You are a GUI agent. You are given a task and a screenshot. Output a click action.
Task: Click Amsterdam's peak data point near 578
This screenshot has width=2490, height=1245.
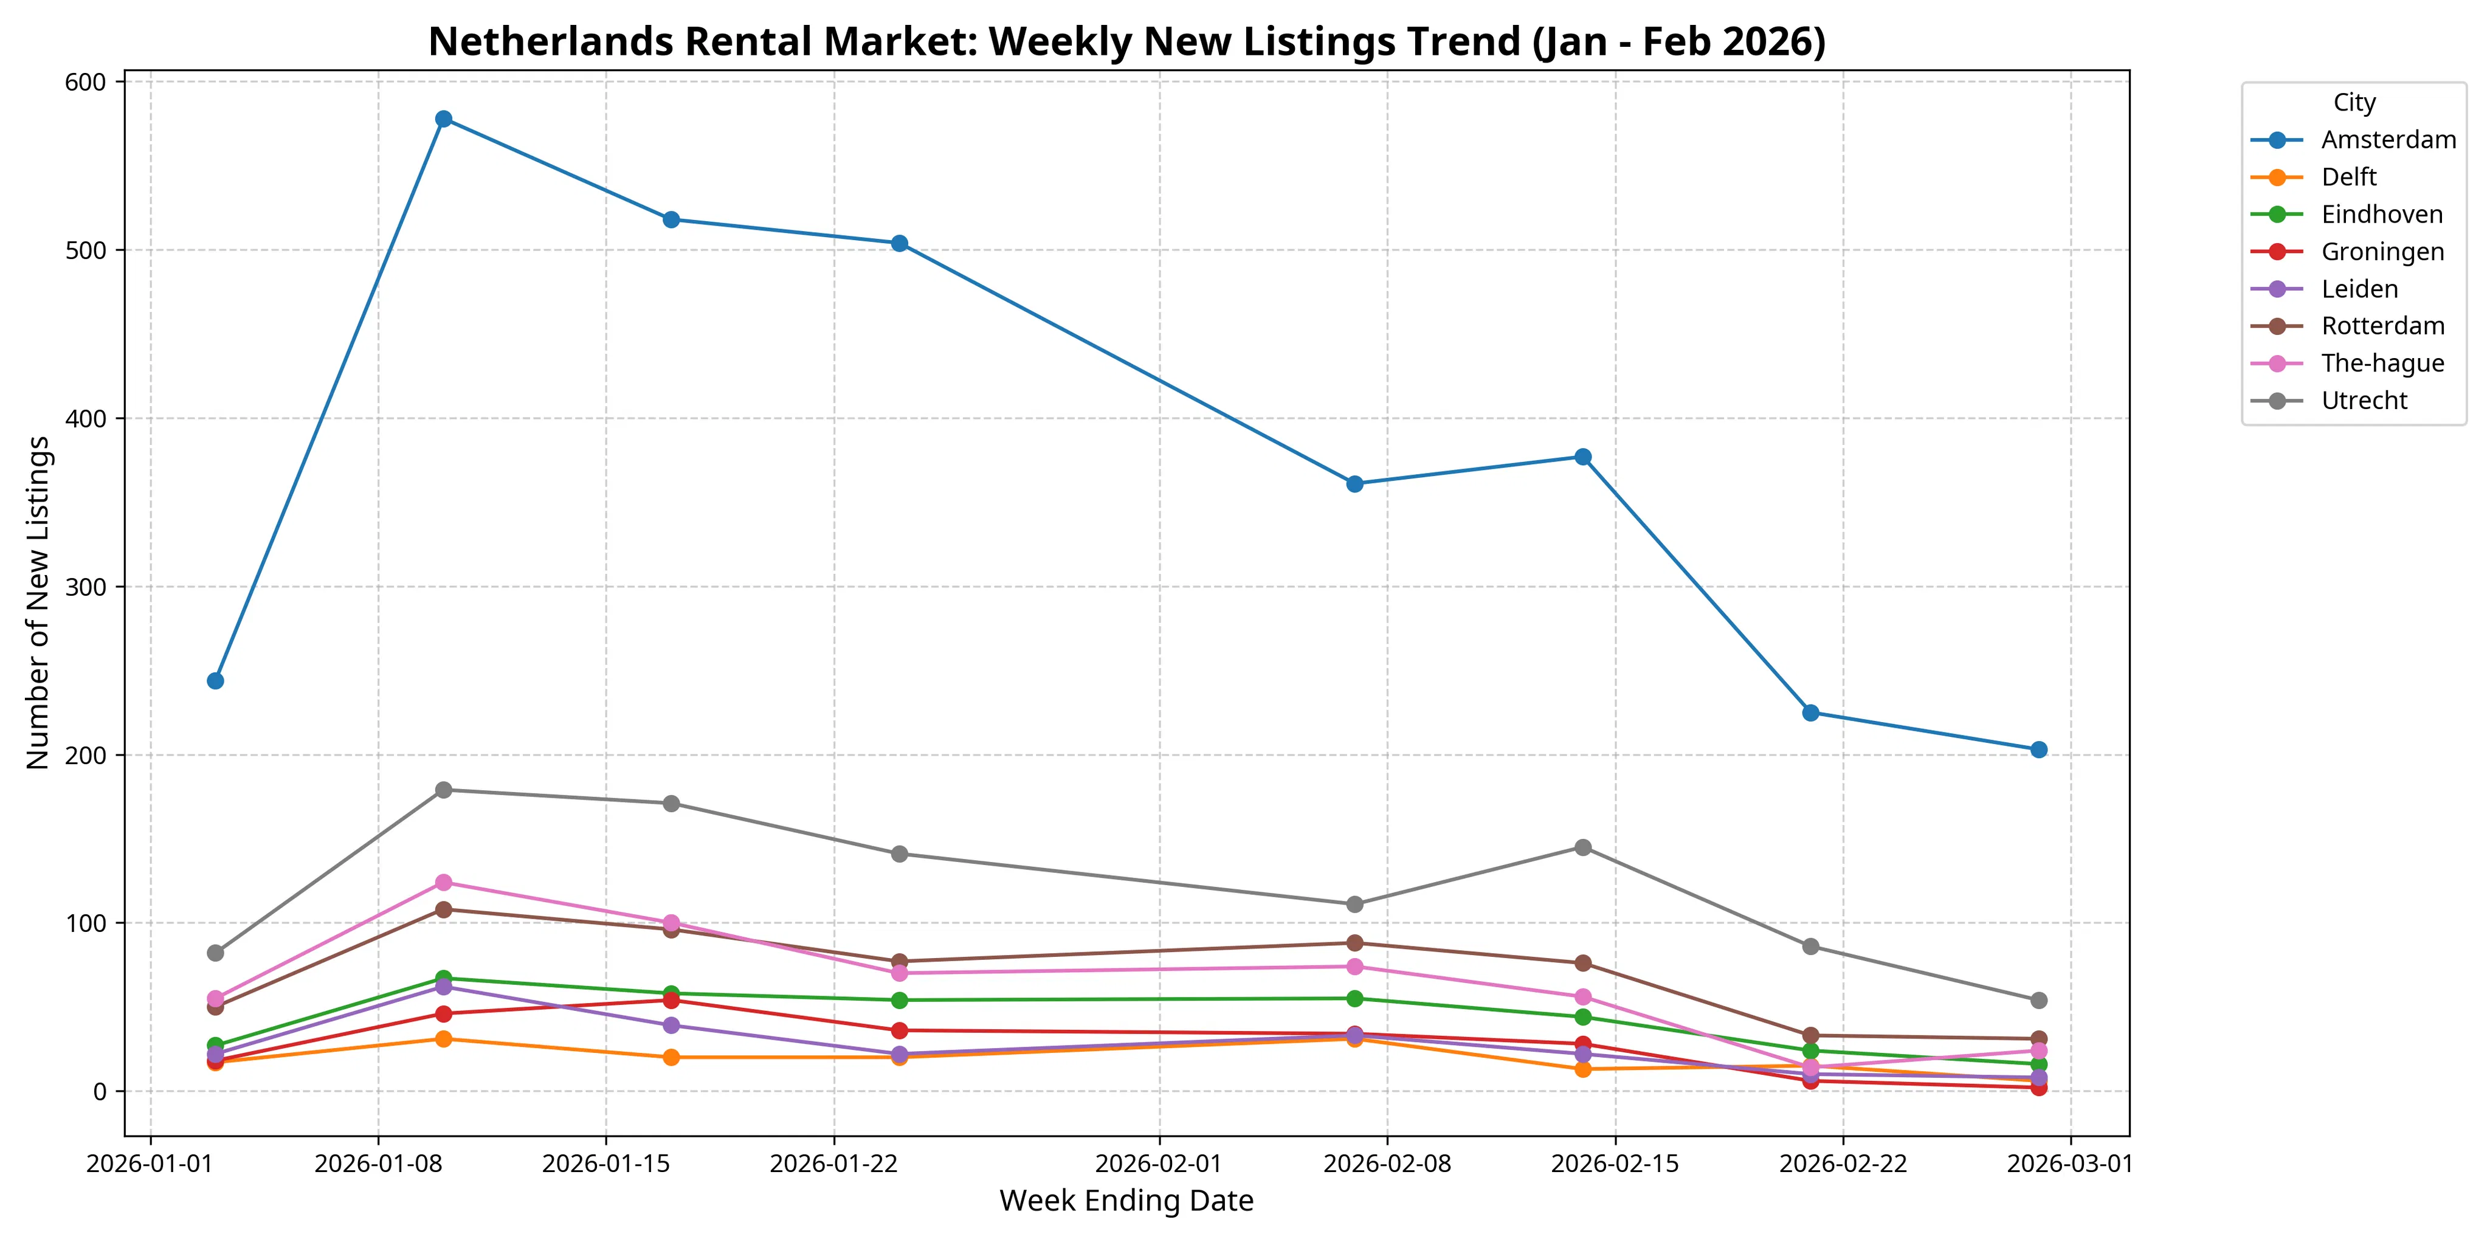[444, 119]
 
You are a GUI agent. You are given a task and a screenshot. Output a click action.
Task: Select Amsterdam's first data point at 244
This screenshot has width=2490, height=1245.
[216, 680]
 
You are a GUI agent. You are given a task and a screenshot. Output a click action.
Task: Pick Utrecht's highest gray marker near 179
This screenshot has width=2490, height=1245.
[444, 790]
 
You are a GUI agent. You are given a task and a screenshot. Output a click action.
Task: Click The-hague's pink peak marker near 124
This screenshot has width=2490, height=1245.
[444, 883]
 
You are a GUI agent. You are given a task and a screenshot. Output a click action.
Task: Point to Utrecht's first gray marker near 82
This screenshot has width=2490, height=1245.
[216, 953]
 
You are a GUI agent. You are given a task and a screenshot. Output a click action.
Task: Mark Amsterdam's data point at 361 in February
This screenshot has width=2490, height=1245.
[1354, 483]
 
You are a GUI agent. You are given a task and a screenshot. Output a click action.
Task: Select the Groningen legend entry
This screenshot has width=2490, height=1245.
[2382, 251]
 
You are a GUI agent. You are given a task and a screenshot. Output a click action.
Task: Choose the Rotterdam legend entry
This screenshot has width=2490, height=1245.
[2383, 326]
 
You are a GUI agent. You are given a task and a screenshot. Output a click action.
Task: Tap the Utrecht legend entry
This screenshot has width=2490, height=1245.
[2364, 400]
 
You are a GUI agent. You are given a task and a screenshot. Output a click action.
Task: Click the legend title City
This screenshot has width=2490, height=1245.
[2354, 103]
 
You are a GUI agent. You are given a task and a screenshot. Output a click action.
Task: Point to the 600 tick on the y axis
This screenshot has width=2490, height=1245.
[85, 82]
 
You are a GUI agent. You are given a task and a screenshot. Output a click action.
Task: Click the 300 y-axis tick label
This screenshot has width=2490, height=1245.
[85, 587]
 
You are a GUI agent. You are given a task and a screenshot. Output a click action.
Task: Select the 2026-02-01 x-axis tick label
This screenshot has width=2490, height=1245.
[1158, 1163]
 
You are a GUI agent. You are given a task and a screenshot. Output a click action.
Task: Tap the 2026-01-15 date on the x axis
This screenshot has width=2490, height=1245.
[606, 1163]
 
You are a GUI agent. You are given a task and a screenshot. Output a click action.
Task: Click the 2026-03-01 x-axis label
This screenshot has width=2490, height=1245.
[2069, 1163]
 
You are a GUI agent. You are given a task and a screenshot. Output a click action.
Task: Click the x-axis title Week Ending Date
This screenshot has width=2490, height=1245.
[1126, 1201]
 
